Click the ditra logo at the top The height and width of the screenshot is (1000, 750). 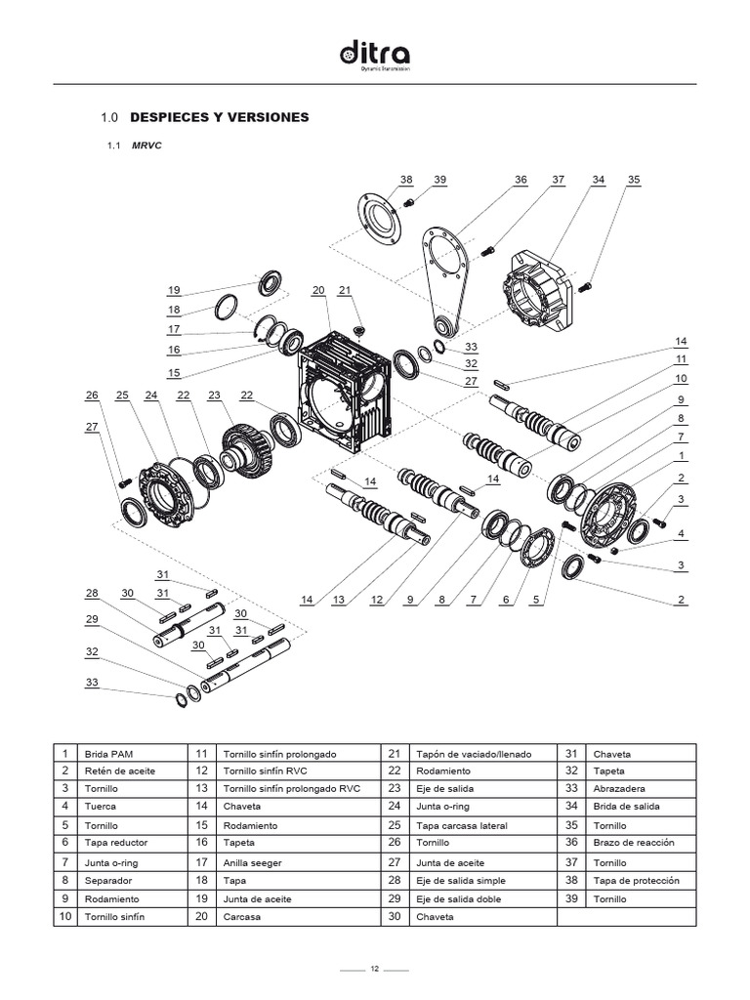tap(375, 54)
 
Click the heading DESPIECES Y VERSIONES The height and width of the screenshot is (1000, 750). tap(219, 117)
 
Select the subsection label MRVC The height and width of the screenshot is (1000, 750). tap(146, 146)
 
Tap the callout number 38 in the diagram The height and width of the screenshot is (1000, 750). tap(406, 180)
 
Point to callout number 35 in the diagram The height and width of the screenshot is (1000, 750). tap(634, 180)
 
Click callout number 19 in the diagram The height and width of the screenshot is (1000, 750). tap(174, 290)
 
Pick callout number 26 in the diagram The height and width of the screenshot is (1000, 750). tap(92, 396)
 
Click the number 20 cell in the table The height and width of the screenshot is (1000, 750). tap(201, 917)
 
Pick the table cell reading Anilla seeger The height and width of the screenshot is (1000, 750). tap(247, 862)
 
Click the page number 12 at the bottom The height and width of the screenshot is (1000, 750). tap(374, 969)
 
